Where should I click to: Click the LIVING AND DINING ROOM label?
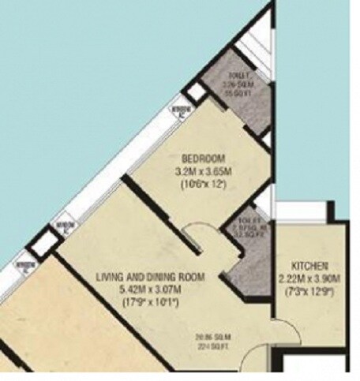point(151,277)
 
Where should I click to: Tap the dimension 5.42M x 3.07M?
point(151,289)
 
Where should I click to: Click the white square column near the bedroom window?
point(195,92)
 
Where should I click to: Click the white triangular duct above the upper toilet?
point(257,43)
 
